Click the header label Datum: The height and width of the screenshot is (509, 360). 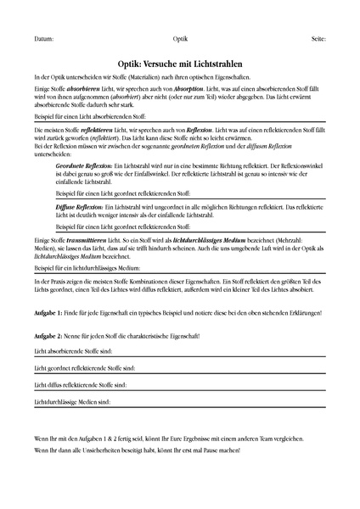[x=45, y=40]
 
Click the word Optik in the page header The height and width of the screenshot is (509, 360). [x=180, y=40]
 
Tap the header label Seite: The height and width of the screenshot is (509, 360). [x=317, y=40]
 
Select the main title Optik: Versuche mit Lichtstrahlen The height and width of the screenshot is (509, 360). [x=180, y=63]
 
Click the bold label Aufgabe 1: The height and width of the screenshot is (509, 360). [x=49, y=313]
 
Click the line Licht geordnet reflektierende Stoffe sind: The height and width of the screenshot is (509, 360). [x=85, y=368]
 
